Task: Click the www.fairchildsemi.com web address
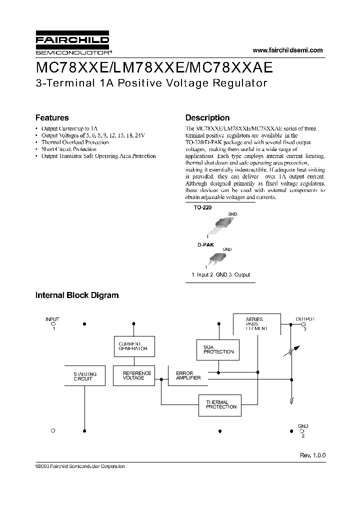(288, 50)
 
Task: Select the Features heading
(52, 118)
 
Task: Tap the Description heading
(207, 118)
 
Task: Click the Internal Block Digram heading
(77, 295)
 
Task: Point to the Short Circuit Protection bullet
(69, 149)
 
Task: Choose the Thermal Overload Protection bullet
(75, 142)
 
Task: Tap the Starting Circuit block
(85, 376)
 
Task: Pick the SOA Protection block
(218, 349)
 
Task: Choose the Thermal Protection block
(217, 404)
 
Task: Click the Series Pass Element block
(256, 323)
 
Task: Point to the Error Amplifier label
(188, 375)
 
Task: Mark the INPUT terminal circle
(53, 324)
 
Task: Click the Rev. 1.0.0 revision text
(312, 455)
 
